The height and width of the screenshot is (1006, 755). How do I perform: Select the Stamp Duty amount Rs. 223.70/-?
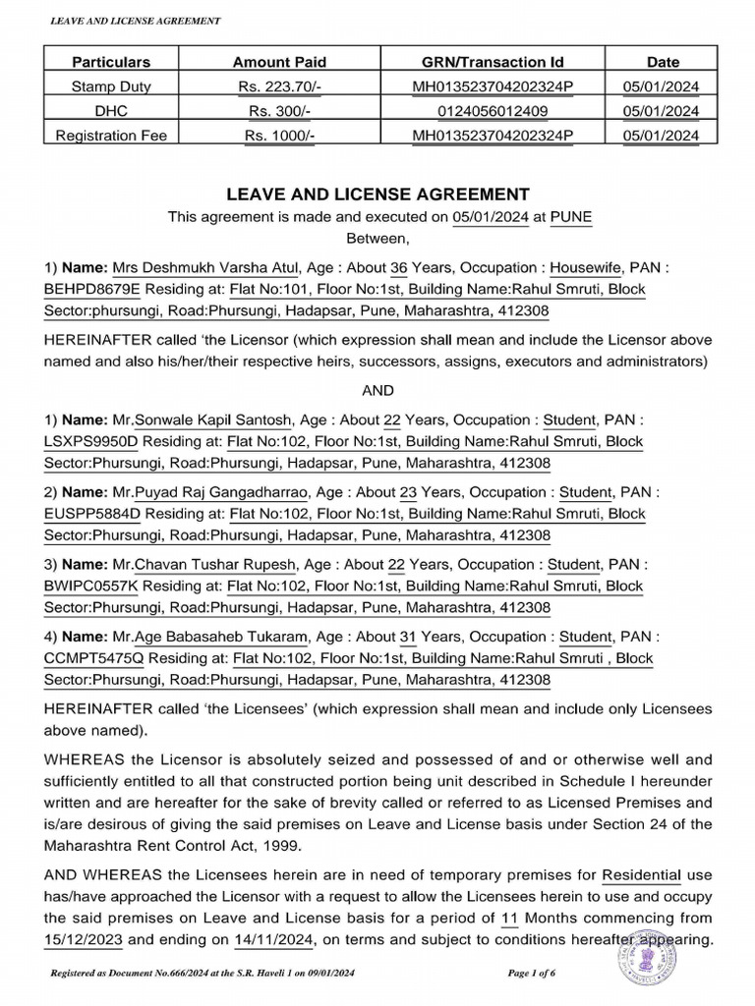point(280,86)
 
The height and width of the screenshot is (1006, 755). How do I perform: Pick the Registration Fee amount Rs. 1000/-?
point(280,135)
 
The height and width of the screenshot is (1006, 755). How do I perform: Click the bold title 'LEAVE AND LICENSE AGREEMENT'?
point(377,195)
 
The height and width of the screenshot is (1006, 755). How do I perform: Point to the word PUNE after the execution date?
point(571,217)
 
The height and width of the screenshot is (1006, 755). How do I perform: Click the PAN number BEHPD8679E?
point(93,290)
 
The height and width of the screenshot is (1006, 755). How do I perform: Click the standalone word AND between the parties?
point(377,390)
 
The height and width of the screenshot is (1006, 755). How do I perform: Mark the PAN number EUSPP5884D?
point(93,513)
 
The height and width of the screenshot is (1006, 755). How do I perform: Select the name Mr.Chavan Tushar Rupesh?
point(208,565)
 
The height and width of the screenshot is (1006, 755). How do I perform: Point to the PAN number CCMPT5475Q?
point(93,658)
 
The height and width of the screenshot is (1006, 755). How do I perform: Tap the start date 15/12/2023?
point(85,940)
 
